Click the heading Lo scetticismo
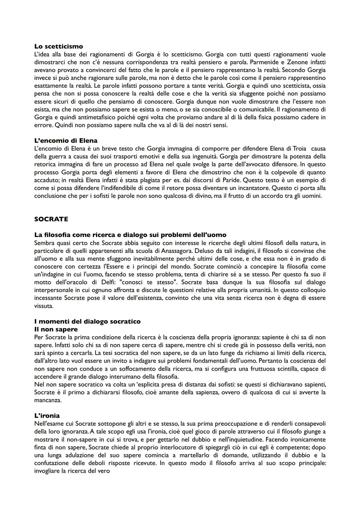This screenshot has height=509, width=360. click(58, 46)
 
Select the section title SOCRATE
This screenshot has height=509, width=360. click(51, 219)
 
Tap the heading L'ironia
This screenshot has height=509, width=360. click(47, 416)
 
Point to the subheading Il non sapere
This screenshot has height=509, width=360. click(56, 329)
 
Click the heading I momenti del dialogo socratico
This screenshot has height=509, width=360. click(87, 321)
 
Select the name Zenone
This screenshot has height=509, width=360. click(297, 62)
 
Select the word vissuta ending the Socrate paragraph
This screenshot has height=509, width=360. click(43, 306)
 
